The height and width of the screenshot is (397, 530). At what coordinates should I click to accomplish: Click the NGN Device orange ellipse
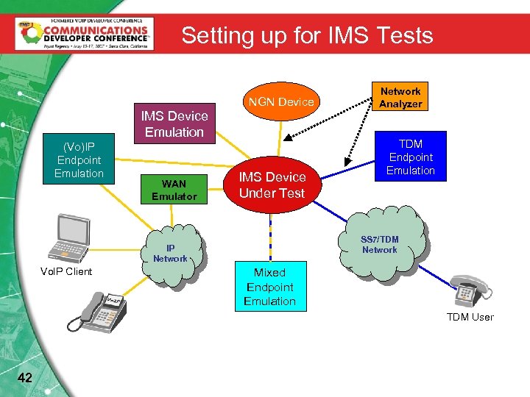coord(281,101)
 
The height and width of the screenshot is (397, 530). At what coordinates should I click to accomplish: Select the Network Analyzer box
coord(400,97)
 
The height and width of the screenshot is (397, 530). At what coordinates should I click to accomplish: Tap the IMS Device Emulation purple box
coord(174,124)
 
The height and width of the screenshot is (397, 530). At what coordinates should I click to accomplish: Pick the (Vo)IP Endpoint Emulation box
coord(79,160)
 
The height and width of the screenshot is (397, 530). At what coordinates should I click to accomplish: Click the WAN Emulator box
coord(174,190)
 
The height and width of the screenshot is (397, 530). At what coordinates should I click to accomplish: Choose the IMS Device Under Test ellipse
coord(272,185)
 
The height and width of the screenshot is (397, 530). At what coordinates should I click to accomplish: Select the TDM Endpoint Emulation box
coord(411,157)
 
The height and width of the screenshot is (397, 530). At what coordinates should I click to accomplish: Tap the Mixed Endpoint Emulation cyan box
coord(269,287)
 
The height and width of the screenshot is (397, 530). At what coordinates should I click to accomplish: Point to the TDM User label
coord(470,317)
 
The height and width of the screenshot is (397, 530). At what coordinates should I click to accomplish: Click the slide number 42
coord(24,378)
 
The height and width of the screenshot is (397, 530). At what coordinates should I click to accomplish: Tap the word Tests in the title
coord(400,35)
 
